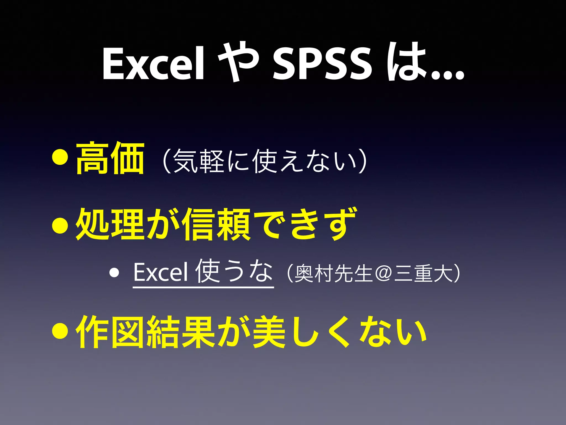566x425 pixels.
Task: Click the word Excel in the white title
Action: (x=154, y=64)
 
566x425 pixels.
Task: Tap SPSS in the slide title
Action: (x=322, y=64)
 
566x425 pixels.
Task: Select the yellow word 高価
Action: (x=110, y=158)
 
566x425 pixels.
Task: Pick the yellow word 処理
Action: (x=110, y=224)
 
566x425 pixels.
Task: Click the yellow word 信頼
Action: (x=218, y=224)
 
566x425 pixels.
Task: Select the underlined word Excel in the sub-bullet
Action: (x=161, y=273)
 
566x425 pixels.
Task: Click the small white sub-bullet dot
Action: (x=114, y=273)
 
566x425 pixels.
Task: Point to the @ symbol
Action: (x=383, y=274)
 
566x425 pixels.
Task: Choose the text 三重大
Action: (x=423, y=274)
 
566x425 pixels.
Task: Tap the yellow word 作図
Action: (x=110, y=332)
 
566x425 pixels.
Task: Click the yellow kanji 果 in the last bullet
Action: (x=198, y=332)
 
